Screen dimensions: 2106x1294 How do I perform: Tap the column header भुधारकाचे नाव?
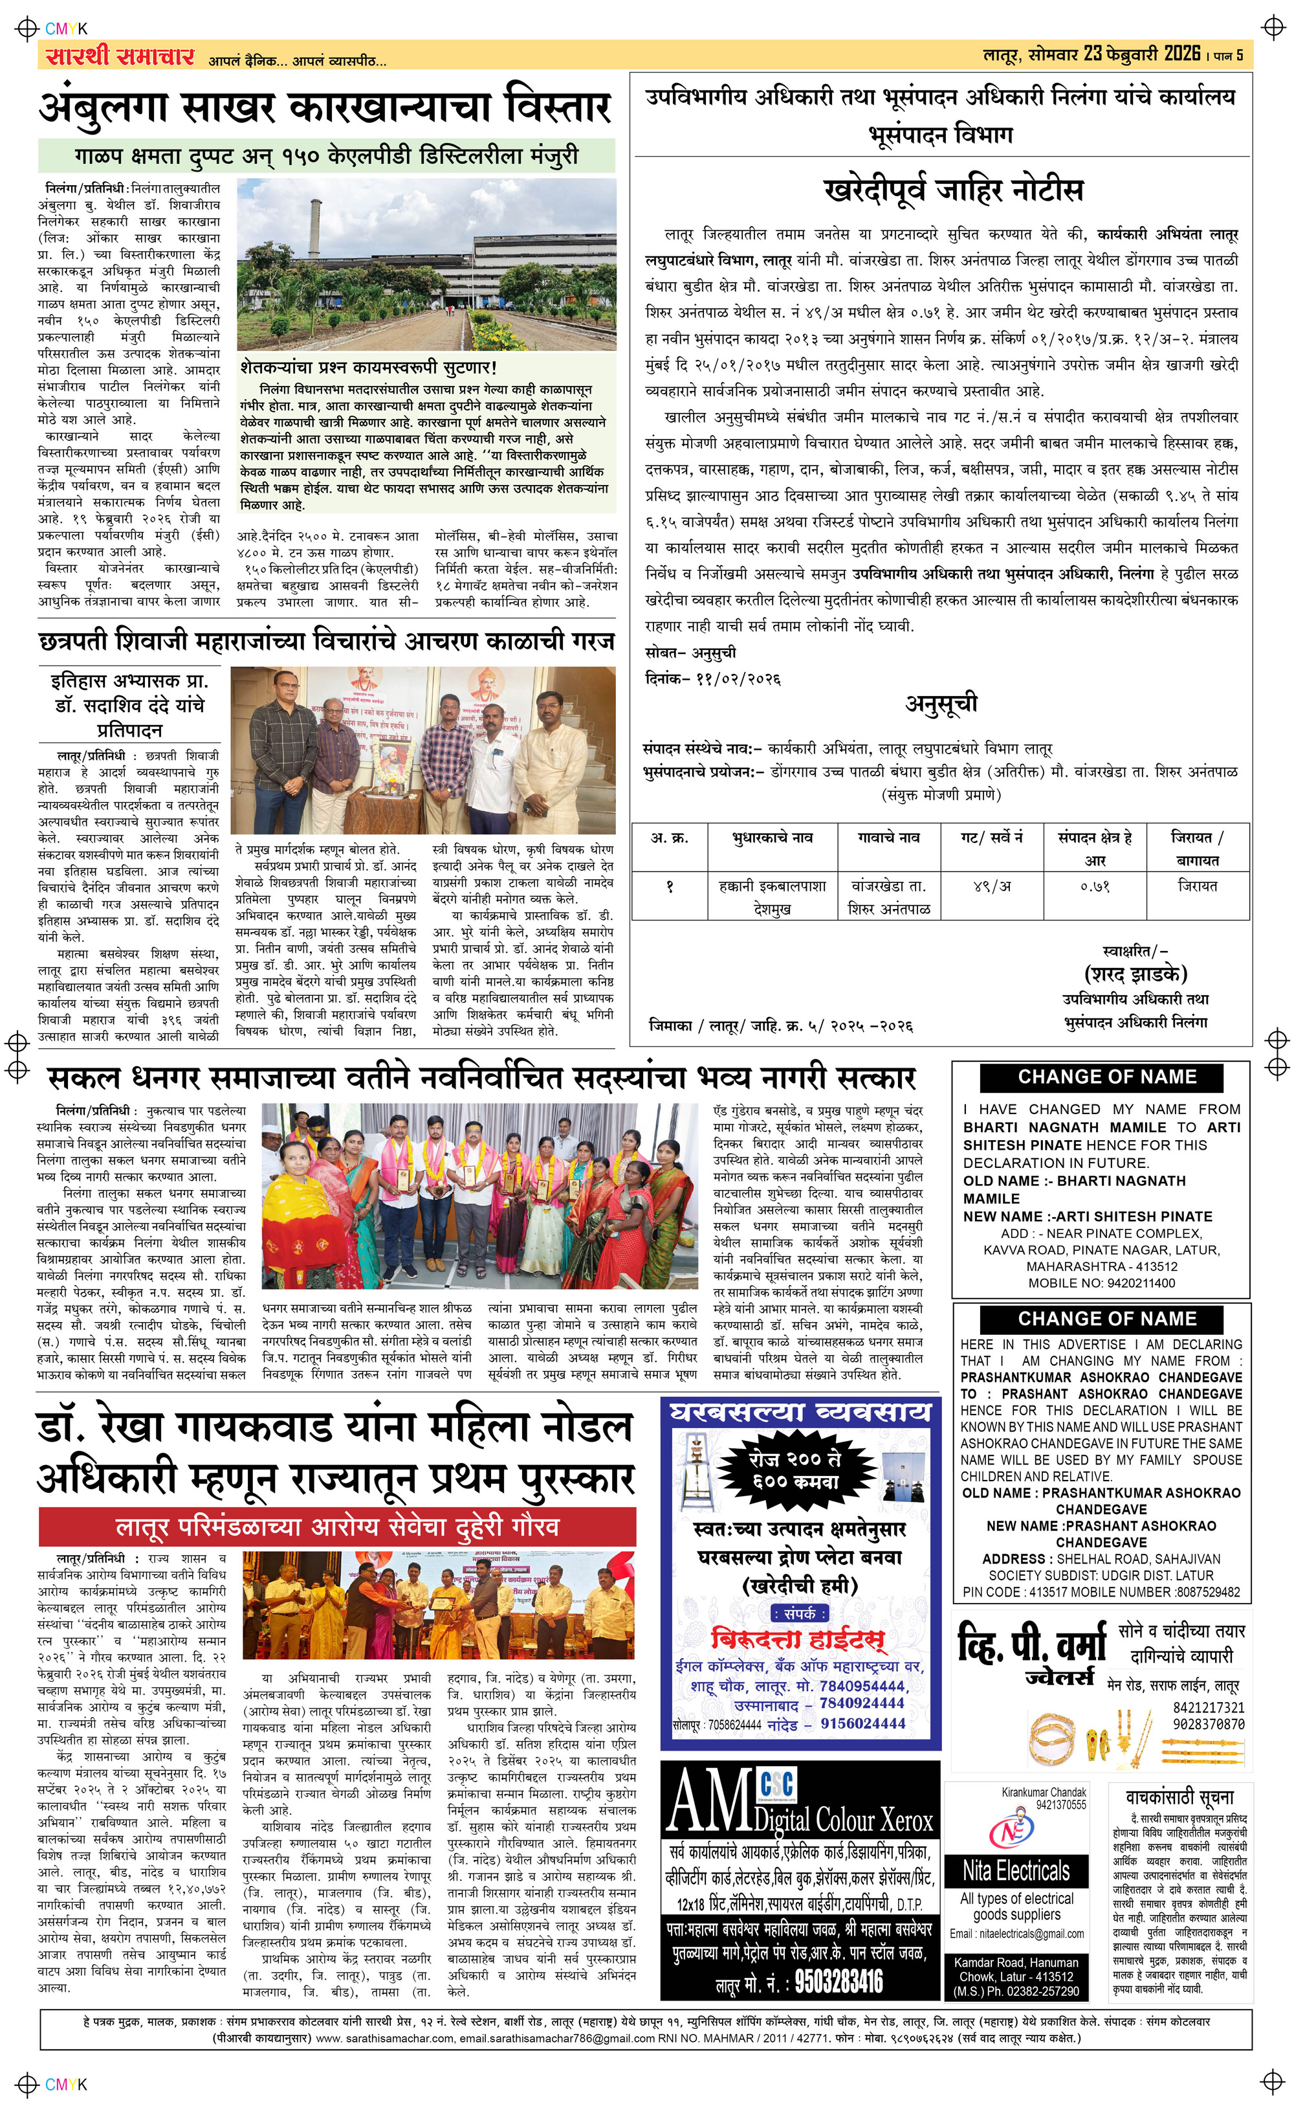click(772, 838)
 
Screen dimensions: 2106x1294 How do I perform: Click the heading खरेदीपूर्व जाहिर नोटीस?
click(952, 190)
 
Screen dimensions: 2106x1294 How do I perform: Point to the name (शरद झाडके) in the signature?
click(1135, 974)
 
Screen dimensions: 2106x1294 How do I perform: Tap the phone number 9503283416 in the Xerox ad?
click(838, 1981)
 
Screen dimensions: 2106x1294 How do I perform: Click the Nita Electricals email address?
click(1016, 1934)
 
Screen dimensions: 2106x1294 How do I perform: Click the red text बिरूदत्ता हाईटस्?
click(798, 1639)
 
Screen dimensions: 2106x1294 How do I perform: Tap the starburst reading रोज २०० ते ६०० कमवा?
click(795, 1469)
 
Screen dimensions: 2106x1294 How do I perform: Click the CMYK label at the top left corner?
click(66, 29)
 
